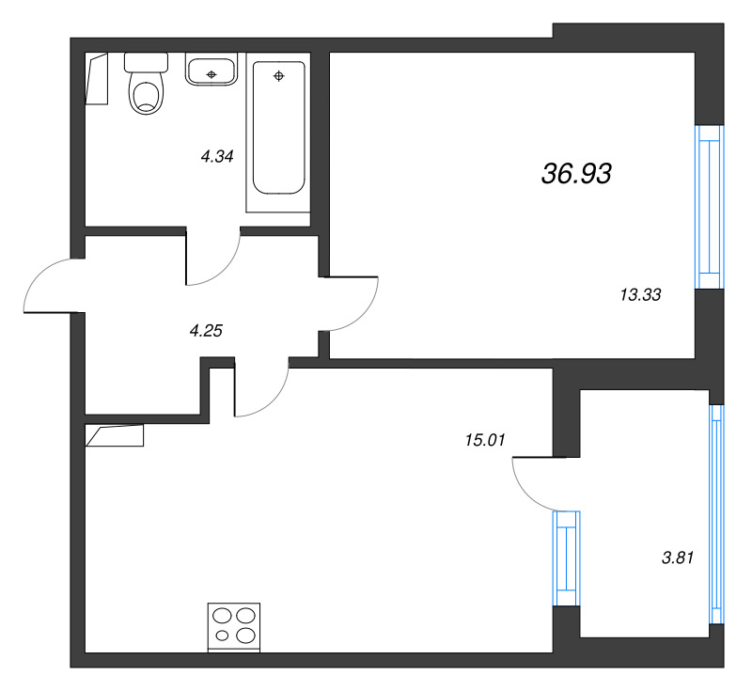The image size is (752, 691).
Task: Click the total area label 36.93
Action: [x=576, y=173]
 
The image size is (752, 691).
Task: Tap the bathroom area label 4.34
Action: [x=217, y=156]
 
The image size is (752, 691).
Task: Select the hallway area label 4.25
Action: [x=206, y=331]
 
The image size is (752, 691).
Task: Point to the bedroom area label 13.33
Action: [x=641, y=294]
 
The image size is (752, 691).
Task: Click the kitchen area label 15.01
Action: [x=485, y=440]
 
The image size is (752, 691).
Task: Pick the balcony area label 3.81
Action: [x=678, y=558]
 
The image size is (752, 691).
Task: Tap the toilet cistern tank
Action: [x=146, y=62]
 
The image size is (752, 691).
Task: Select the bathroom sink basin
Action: [x=211, y=70]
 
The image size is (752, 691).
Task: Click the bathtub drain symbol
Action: [x=278, y=76]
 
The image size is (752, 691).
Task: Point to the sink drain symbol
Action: [x=211, y=74]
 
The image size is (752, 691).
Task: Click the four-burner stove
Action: [x=234, y=628]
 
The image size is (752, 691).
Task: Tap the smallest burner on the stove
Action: [x=222, y=636]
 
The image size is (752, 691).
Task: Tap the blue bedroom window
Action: [x=710, y=207]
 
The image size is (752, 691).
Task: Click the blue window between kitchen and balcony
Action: [x=567, y=558]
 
